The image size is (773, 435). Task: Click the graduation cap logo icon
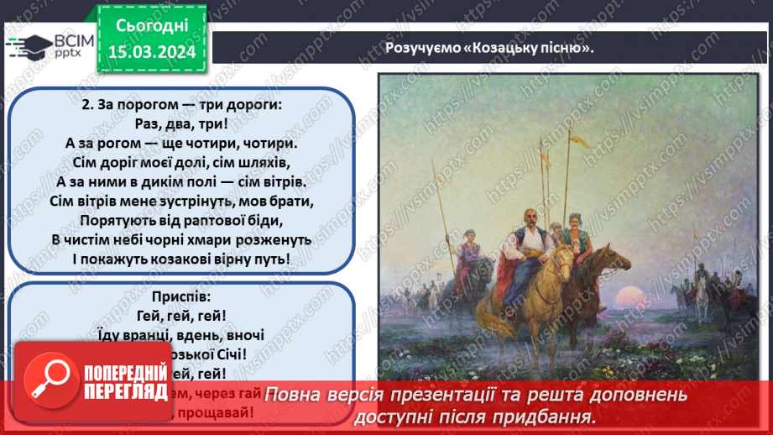pyautogui.click(x=25, y=46)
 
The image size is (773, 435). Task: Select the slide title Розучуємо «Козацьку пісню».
pyautogui.click(x=489, y=47)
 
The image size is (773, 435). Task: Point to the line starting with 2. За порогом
pyautogui.click(x=180, y=105)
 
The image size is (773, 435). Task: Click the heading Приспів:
pyautogui.click(x=180, y=296)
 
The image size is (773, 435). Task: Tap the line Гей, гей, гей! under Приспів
pyautogui.click(x=180, y=316)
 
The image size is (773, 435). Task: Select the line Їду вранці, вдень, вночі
pyautogui.click(x=180, y=335)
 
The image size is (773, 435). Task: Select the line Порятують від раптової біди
pyautogui.click(x=180, y=220)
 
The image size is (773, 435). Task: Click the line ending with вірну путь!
pyautogui.click(x=180, y=259)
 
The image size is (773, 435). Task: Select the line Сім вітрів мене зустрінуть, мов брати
pyautogui.click(x=180, y=202)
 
